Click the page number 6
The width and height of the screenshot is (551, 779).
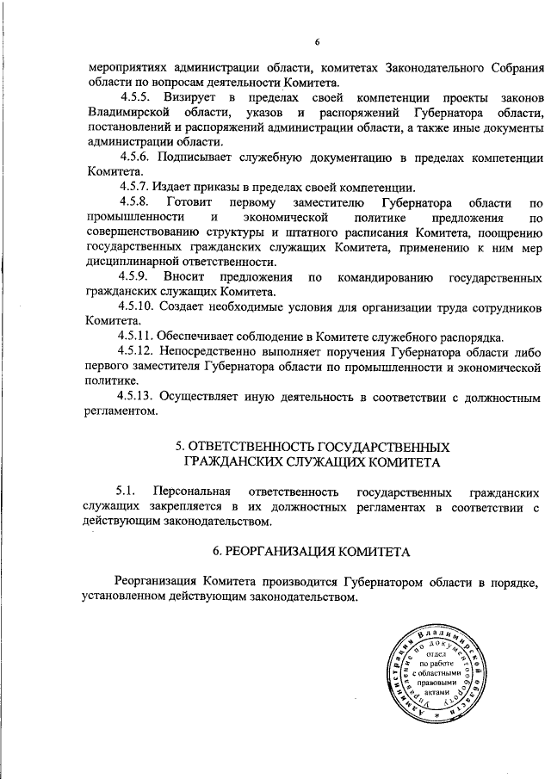[317, 42]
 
